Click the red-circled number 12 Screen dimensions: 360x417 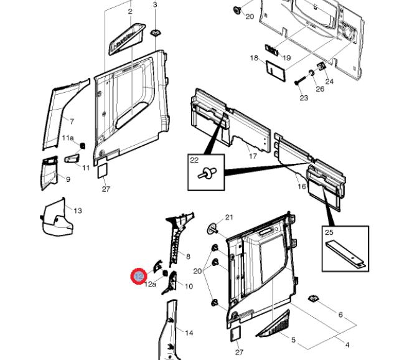(138, 276)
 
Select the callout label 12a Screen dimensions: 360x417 (150, 284)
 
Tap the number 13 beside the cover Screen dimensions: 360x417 (78, 211)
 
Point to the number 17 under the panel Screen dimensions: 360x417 (253, 156)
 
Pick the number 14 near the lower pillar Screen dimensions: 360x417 (189, 333)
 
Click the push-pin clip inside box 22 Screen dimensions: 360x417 (204, 176)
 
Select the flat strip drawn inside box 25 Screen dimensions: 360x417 (345, 253)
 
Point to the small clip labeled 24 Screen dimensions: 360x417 (321, 67)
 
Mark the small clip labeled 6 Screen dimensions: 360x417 (313, 301)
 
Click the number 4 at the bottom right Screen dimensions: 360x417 (347, 344)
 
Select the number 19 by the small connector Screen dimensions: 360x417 (286, 58)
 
